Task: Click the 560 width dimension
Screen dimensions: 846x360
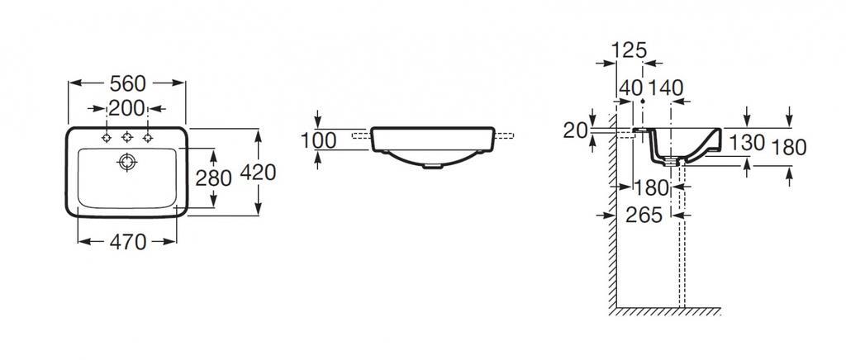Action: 127,83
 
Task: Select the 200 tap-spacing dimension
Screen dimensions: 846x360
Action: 126,109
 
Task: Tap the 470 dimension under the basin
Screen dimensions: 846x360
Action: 128,242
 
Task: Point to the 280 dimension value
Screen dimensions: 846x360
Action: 213,178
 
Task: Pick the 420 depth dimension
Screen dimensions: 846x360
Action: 258,173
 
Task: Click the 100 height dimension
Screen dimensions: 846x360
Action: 318,140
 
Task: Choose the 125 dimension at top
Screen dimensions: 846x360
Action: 629,50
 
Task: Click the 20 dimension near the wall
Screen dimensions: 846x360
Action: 575,130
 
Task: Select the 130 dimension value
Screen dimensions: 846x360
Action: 747,143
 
